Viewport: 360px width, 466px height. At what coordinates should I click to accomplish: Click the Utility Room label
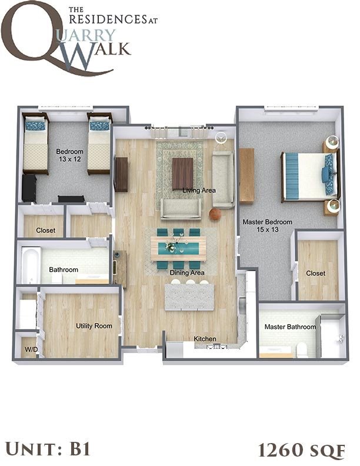point(94,326)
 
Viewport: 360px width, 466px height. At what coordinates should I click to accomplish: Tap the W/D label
point(30,349)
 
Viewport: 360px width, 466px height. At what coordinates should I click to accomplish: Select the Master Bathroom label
point(290,327)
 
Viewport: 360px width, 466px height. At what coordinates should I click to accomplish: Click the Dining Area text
point(187,273)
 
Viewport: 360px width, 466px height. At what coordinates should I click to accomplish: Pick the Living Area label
point(199,190)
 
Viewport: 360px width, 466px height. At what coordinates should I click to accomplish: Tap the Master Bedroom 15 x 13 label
point(268,226)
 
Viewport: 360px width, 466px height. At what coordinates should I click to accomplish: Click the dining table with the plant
point(179,248)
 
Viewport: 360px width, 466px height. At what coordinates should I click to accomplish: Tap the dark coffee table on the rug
point(182,173)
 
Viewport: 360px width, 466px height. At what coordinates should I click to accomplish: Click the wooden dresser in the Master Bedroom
point(246,176)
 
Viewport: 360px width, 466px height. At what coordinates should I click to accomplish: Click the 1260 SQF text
point(301,450)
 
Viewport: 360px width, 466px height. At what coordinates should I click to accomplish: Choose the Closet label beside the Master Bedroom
point(316,274)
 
